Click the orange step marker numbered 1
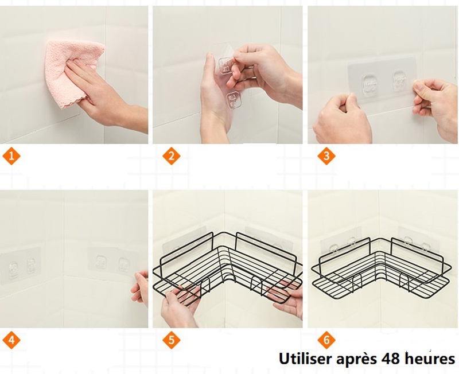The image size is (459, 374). [11, 155]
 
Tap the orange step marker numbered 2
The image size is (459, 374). [172, 155]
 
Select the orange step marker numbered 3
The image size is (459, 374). [326, 155]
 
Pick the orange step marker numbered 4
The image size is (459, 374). [11, 340]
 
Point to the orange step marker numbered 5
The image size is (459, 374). [172, 340]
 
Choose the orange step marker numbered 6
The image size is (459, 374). [326, 340]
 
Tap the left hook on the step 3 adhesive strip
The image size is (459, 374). [370, 84]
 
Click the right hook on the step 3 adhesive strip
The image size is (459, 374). [400, 80]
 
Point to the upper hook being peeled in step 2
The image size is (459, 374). [225, 66]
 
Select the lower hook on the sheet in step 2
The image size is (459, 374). [233, 100]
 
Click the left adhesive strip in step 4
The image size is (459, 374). [20, 266]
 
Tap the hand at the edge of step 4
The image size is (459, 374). [139, 289]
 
